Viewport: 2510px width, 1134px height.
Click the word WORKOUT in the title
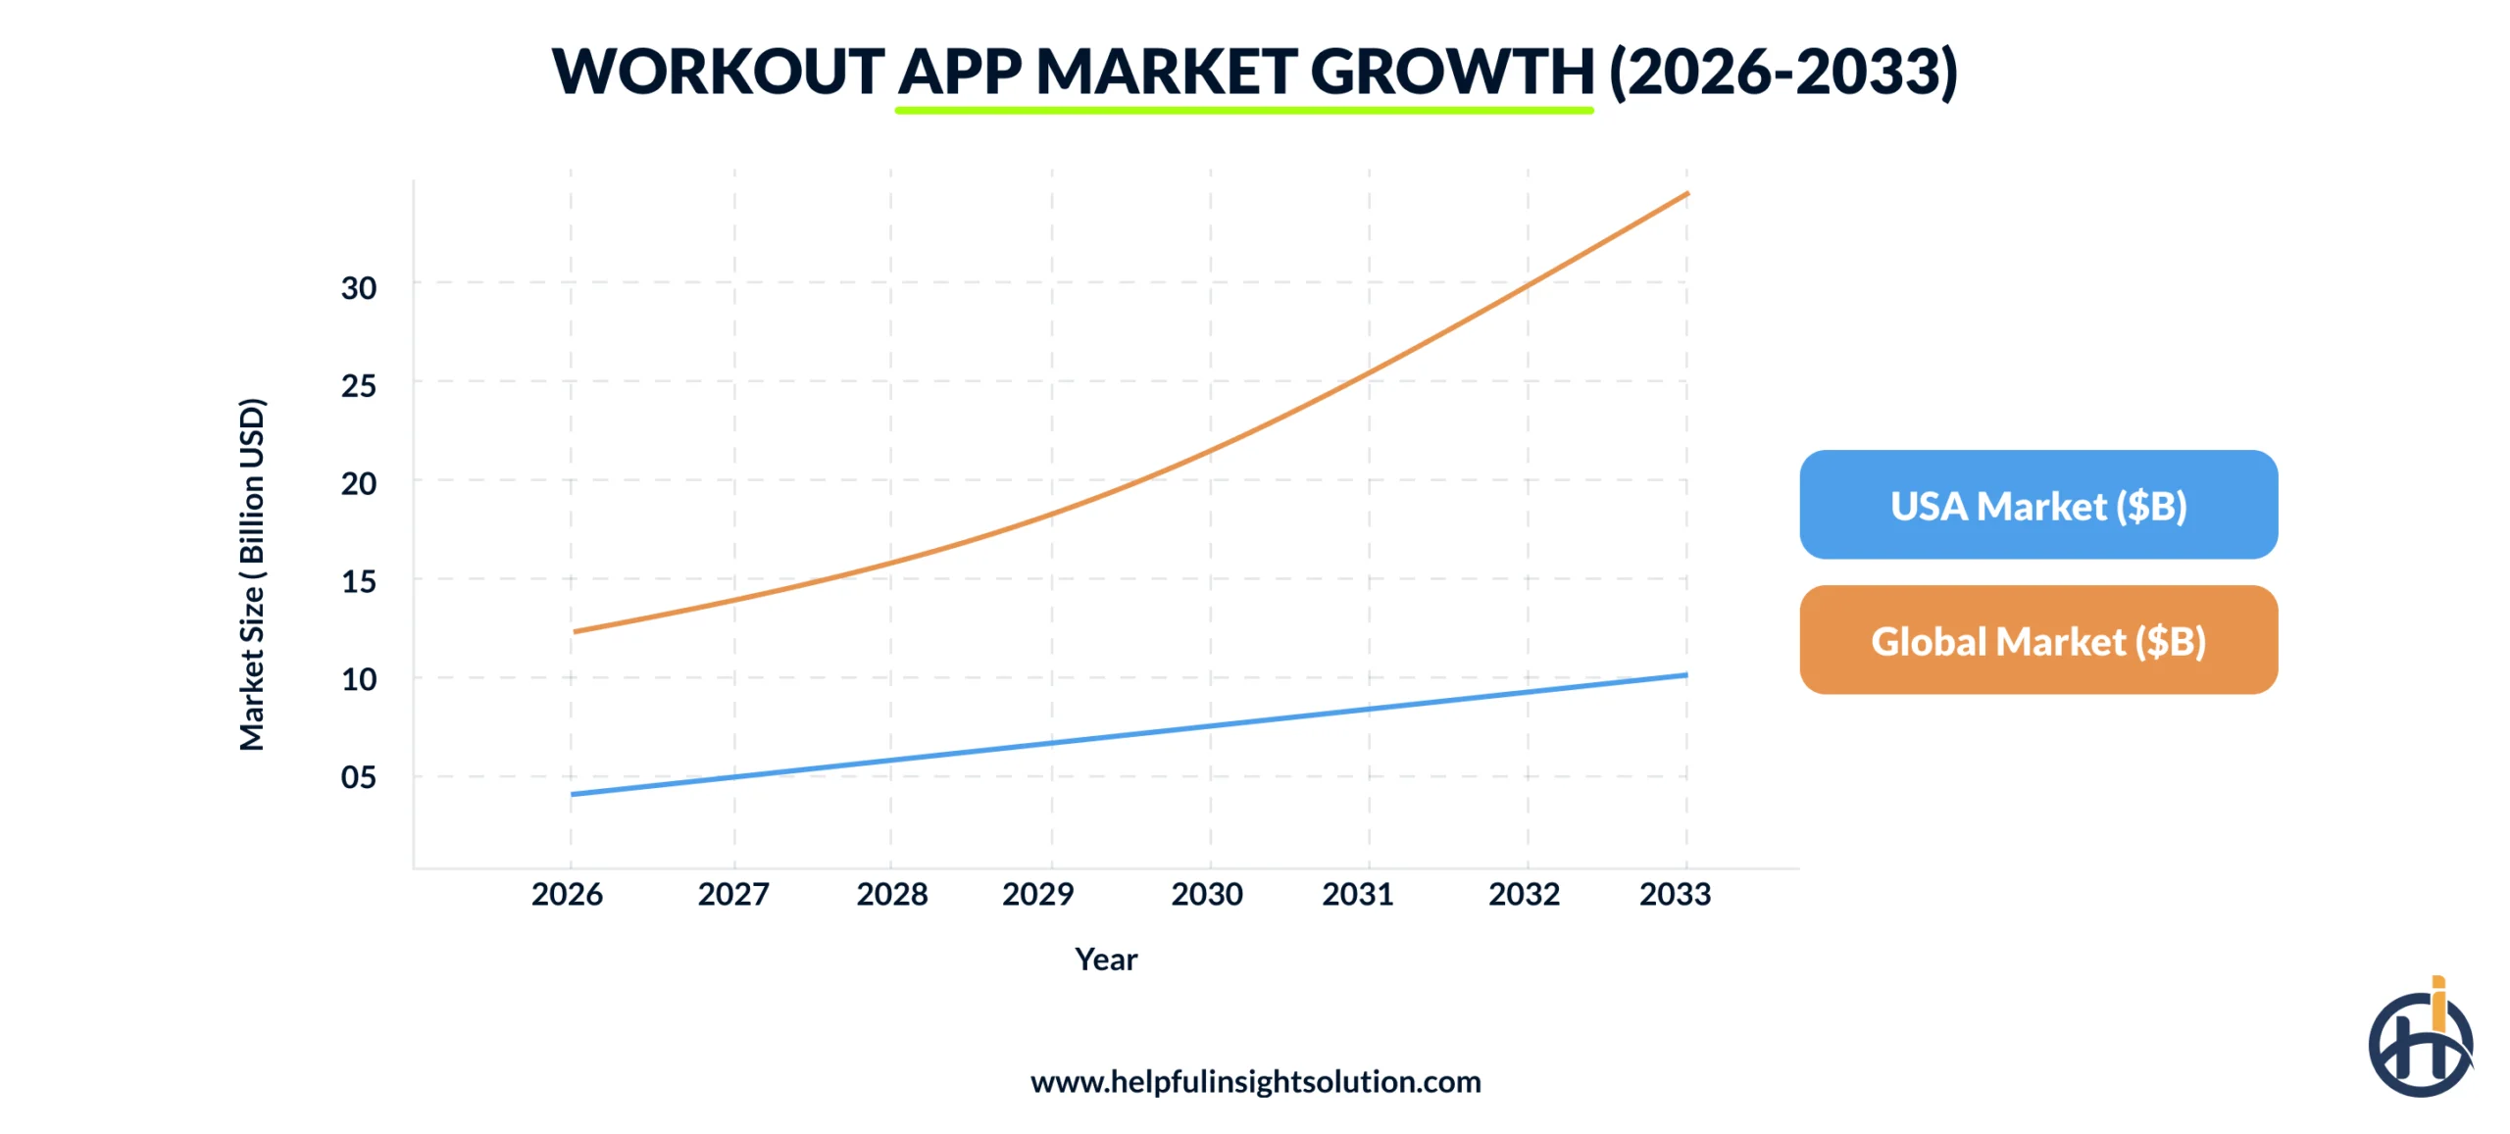(x=718, y=72)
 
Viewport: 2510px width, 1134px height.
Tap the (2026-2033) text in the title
(x=1783, y=72)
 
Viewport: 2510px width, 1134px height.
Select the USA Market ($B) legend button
(x=2037, y=505)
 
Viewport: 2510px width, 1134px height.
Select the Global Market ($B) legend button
(x=2037, y=640)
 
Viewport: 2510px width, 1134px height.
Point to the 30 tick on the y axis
(x=358, y=288)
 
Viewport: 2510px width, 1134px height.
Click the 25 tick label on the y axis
(x=358, y=386)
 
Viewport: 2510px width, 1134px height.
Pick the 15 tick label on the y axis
(x=358, y=582)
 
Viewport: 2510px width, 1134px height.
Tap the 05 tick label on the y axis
(x=358, y=777)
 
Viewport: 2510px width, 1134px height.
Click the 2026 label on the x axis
(x=567, y=894)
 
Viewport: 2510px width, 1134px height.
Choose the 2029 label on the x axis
(x=1037, y=894)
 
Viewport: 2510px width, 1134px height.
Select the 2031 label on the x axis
(x=1357, y=894)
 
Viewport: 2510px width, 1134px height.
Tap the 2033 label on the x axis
(x=1675, y=894)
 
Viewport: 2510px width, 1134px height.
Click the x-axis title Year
(x=1106, y=959)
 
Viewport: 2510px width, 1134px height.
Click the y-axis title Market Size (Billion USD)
(x=252, y=574)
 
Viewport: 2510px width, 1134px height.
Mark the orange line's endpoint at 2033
(x=1686, y=194)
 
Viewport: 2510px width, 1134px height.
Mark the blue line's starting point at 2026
(x=574, y=794)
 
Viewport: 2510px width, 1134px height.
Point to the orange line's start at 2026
(x=576, y=631)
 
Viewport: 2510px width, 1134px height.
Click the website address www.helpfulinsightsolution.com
(x=1255, y=1081)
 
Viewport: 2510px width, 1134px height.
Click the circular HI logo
(x=2419, y=1042)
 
